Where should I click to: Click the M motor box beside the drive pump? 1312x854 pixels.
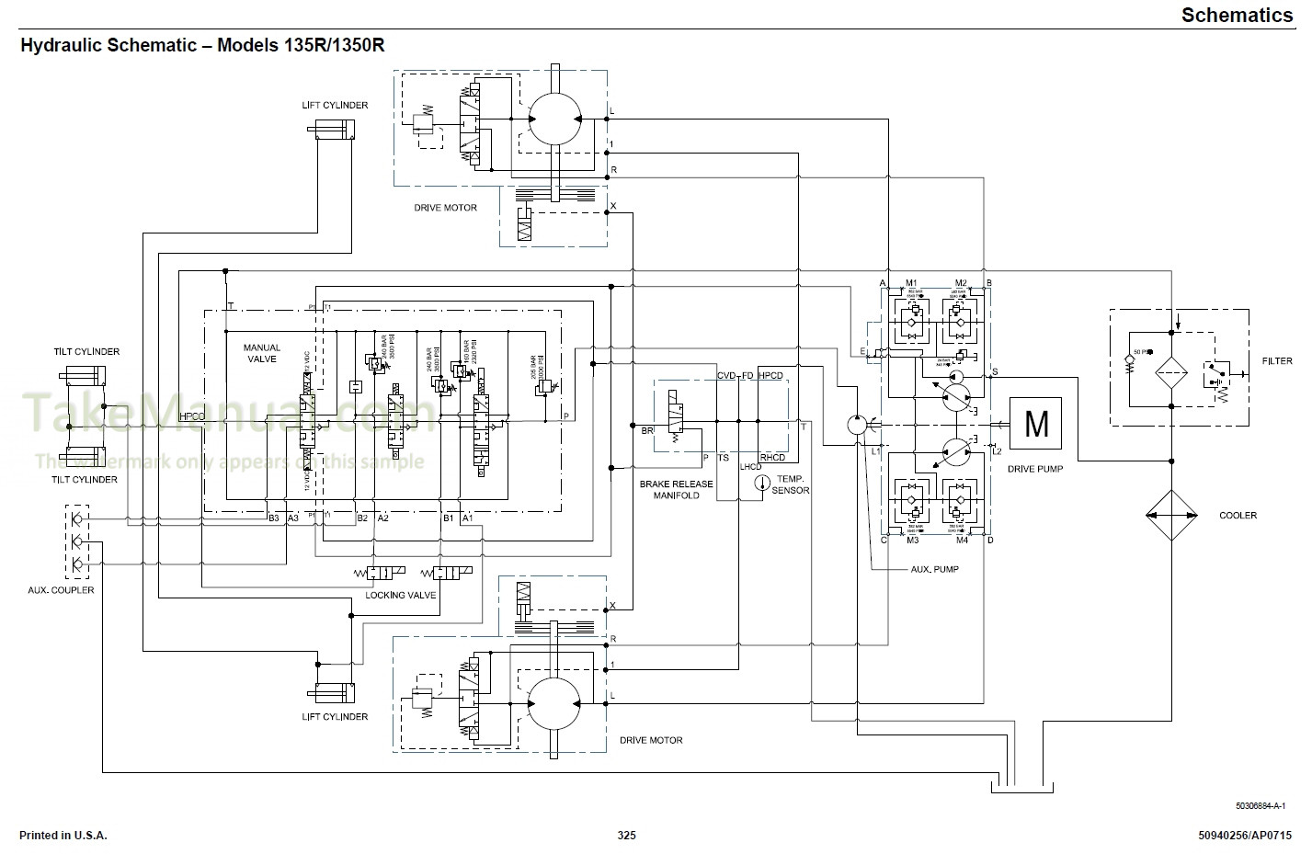(1035, 423)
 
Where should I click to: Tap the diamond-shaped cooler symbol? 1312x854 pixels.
(1171, 515)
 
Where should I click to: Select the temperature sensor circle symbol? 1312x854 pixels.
(760, 484)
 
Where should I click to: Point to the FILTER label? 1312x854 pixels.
(1276, 361)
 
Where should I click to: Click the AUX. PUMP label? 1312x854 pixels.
(934, 569)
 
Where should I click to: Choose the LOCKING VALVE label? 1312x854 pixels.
(400, 595)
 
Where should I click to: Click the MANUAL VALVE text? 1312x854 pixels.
(260, 353)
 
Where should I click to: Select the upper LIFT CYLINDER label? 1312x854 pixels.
(335, 105)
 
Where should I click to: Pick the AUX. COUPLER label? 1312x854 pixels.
(61, 590)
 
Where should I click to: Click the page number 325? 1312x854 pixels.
(626, 836)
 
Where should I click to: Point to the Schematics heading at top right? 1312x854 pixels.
(1237, 15)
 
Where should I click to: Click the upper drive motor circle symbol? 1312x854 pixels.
(554, 119)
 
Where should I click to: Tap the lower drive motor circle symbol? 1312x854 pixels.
(554, 704)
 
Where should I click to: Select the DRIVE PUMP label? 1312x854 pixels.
(1035, 469)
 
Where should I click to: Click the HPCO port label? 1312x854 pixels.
(192, 416)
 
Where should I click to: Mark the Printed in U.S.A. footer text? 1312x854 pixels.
(63, 836)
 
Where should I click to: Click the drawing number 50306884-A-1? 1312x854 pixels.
(1260, 806)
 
